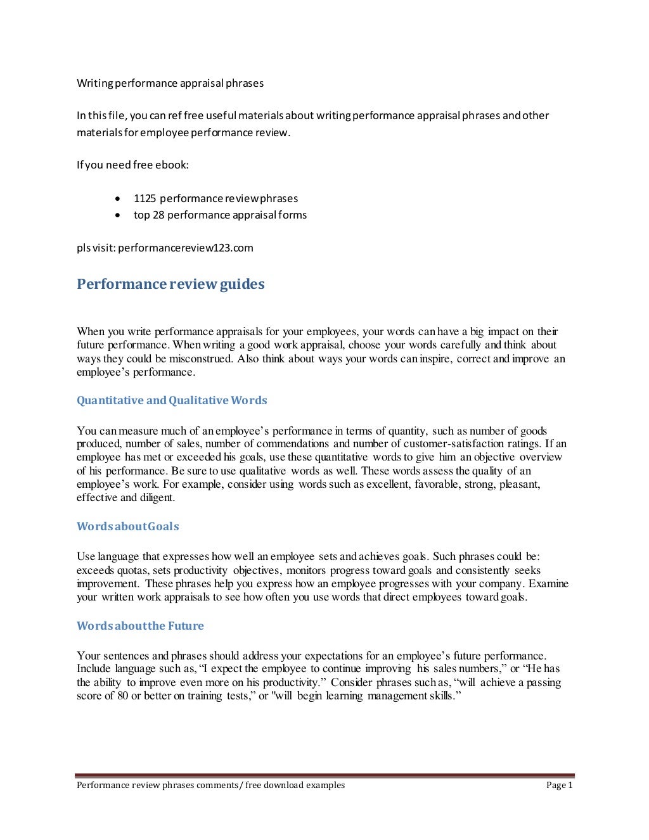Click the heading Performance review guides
click(170, 284)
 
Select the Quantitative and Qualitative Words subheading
click(172, 400)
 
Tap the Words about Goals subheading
click(127, 526)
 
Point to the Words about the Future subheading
click(140, 626)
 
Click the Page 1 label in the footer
click(559, 786)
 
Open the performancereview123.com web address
click(185, 248)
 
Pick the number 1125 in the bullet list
click(145, 198)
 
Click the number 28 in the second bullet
click(158, 215)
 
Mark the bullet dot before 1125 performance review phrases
click(118, 199)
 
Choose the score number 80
click(122, 696)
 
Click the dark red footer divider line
click(324, 775)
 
